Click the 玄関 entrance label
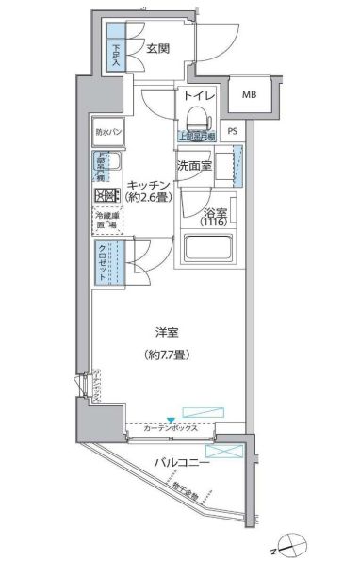tap(158, 50)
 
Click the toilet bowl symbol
tap(197, 119)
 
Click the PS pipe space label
tap(232, 132)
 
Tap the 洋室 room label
tap(167, 331)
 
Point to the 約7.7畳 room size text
tap(167, 355)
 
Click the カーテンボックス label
tap(171, 428)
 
